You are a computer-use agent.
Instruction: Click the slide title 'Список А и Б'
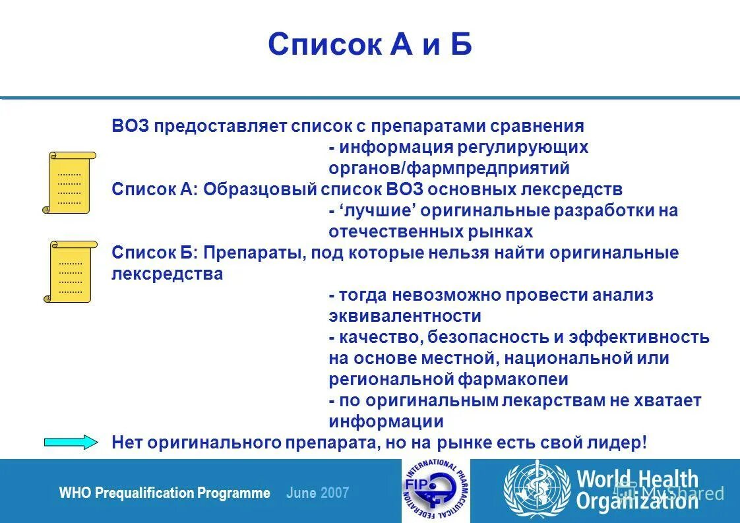pos(369,45)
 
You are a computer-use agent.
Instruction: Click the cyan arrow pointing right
pos(71,443)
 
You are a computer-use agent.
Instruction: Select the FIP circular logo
pos(431,491)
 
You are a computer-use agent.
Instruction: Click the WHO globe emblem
pos(536,491)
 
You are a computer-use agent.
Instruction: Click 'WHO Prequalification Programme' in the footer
pos(164,493)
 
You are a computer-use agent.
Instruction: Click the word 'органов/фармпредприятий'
pos(448,168)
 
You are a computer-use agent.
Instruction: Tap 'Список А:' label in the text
pos(154,189)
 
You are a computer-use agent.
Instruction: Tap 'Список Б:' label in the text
pos(155,253)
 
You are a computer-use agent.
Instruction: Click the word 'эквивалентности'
pos(404,316)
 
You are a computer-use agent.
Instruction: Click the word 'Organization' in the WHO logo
pos(636,502)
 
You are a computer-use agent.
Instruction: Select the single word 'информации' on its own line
pos(386,421)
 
